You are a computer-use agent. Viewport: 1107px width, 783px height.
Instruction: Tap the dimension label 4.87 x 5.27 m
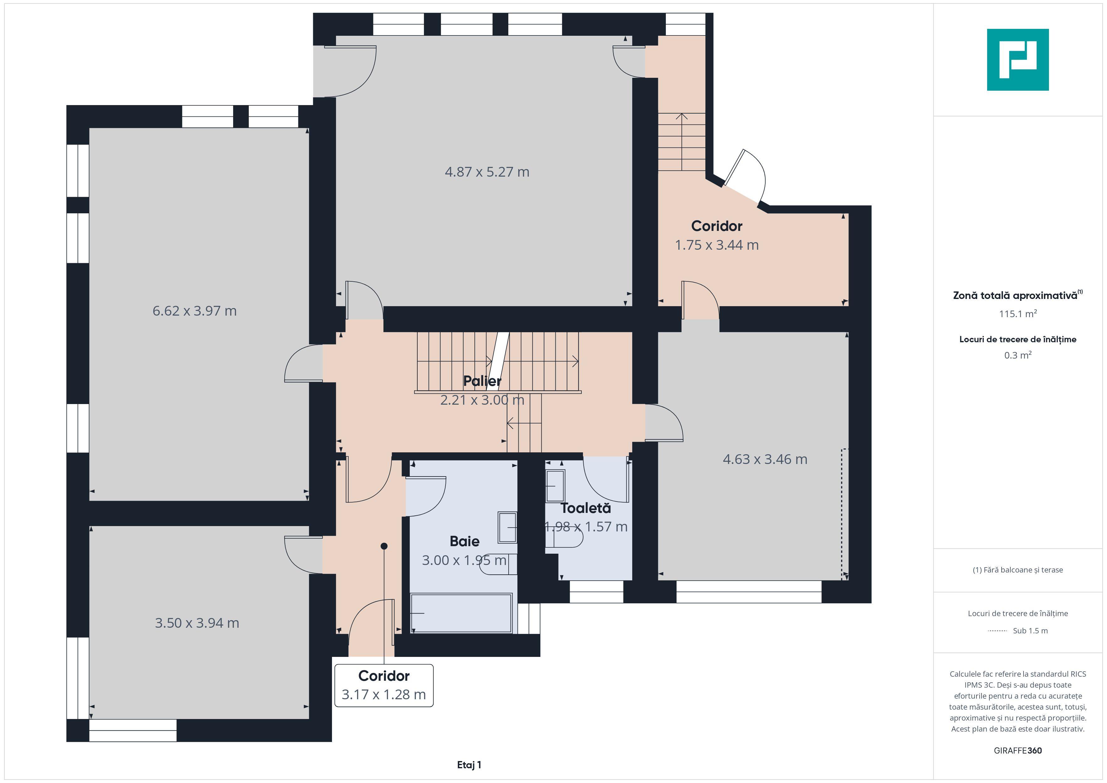pos(487,172)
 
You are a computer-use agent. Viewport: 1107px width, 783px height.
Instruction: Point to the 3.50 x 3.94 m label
pos(197,623)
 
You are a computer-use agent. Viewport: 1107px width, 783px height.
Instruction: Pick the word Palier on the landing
pos(482,381)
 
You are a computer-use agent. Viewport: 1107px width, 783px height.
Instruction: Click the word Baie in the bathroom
pos(464,541)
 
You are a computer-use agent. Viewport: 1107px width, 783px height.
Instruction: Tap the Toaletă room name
pos(586,508)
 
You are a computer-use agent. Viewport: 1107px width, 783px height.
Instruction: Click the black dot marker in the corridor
pos(384,546)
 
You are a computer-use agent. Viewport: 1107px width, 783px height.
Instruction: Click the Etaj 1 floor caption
pos(469,765)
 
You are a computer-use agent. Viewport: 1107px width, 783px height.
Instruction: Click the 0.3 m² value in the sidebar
pos(1018,355)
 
